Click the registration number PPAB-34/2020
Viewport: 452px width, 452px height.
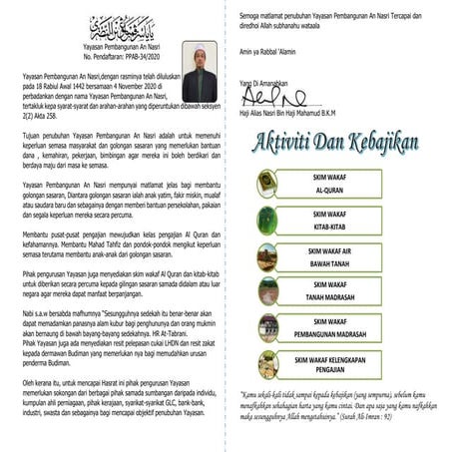click(x=146, y=57)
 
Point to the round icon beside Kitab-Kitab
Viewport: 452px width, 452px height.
click(x=266, y=220)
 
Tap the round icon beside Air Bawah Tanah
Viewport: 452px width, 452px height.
click(x=266, y=255)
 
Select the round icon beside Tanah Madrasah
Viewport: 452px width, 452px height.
click(x=266, y=291)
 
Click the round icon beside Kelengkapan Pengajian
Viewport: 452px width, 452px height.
click(x=266, y=363)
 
